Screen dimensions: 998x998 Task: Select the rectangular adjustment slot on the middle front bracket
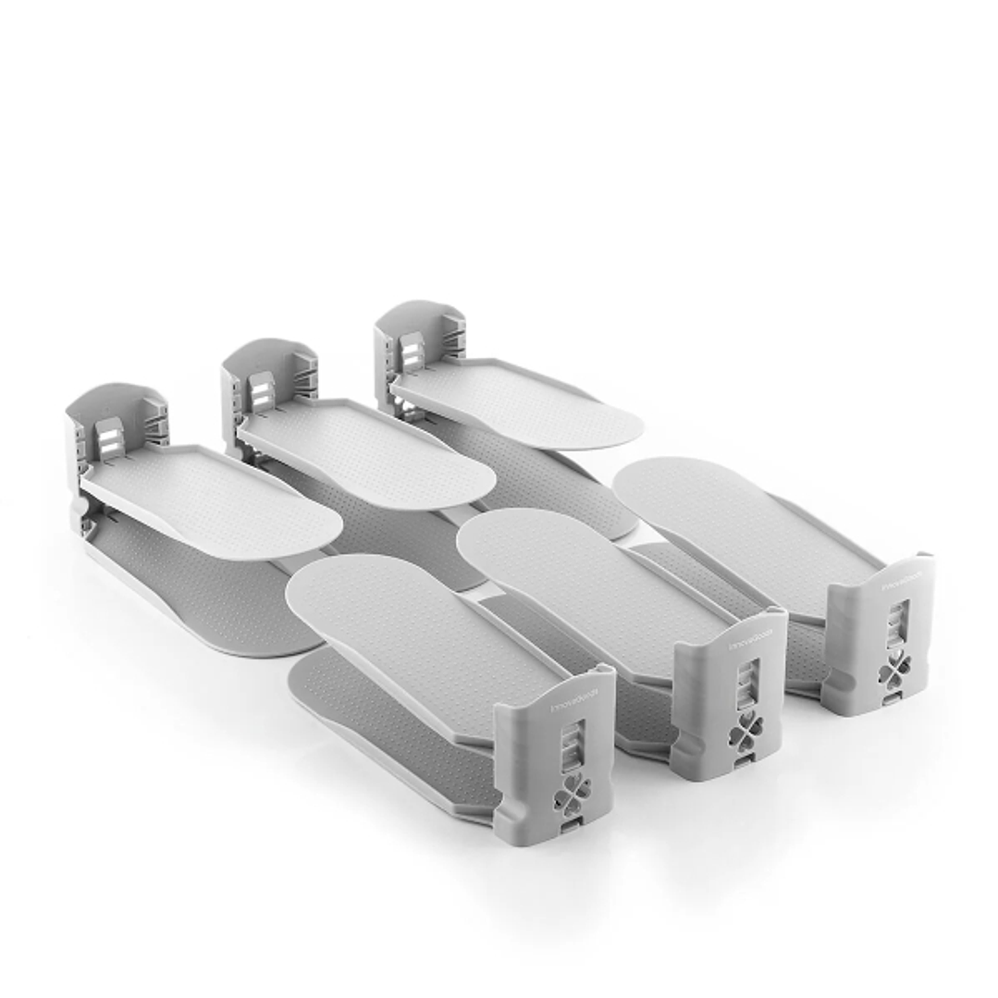point(745,684)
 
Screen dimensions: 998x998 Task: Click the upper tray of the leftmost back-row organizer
point(217,505)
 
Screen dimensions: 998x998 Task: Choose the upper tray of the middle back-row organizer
point(370,453)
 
